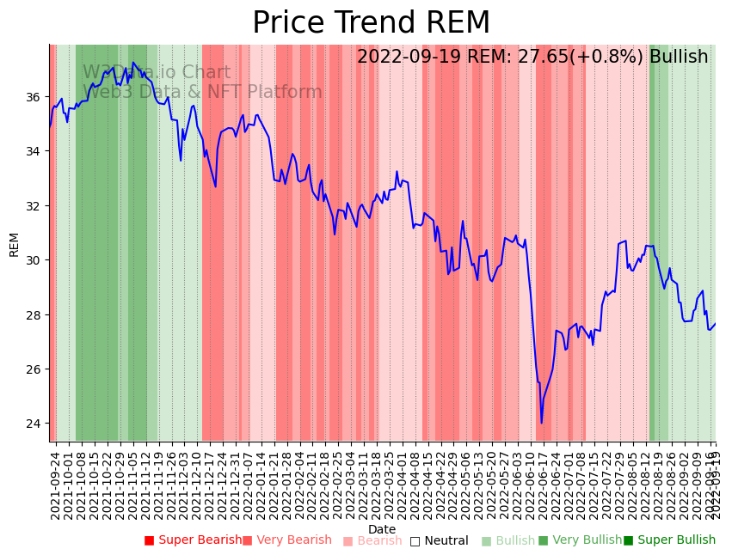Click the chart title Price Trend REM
pyautogui.click(x=371, y=23)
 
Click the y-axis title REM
pyautogui.click(x=14, y=244)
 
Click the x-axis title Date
pyautogui.click(x=382, y=529)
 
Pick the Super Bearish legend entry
pyautogui.click(x=193, y=540)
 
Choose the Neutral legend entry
pyautogui.click(x=439, y=541)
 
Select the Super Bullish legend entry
pyautogui.click(x=669, y=540)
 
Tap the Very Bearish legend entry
pyautogui.click(x=286, y=540)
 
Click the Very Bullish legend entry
pyautogui.click(x=580, y=540)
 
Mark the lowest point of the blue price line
pyautogui.click(x=542, y=423)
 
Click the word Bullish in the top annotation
pyautogui.click(x=679, y=57)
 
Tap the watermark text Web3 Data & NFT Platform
pyautogui.click(x=202, y=92)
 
